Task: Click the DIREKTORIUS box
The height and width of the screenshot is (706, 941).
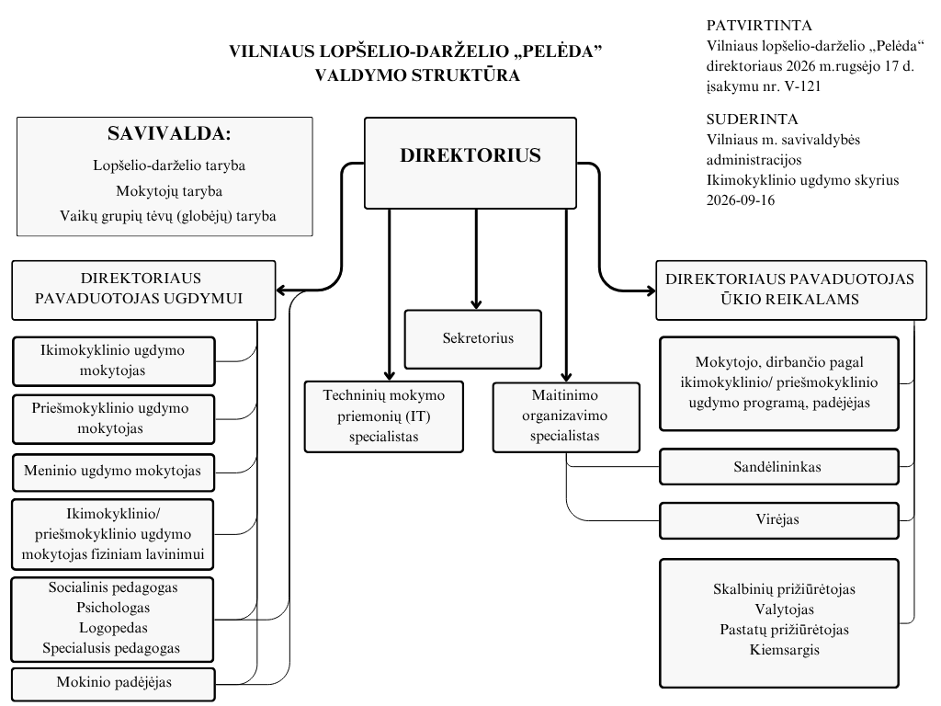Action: coord(470,163)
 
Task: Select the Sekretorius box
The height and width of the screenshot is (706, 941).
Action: coord(473,339)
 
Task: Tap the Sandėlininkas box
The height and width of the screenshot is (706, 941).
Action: coord(779,466)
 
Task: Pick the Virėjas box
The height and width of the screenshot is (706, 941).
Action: coord(779,520)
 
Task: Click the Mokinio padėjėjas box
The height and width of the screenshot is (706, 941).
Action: coord(113,684)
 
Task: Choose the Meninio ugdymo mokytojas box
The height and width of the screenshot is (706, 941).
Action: coord(113,473)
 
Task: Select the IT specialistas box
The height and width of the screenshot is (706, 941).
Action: coord(384,416)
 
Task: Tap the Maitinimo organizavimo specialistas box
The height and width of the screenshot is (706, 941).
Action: coord(566,417)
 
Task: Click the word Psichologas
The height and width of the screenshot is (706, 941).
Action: coord(113,608)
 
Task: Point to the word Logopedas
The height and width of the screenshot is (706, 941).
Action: coord(113,628)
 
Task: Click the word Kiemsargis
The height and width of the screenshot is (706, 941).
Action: coord(785,650)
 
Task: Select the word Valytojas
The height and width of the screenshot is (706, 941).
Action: coord(785,609)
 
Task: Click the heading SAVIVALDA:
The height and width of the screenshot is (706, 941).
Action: coord(169,133)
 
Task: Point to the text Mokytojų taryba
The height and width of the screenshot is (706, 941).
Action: coord(169,191)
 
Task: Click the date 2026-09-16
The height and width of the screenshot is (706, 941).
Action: coord(741,200)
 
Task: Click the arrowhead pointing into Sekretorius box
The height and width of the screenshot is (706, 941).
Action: coord(477,302)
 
